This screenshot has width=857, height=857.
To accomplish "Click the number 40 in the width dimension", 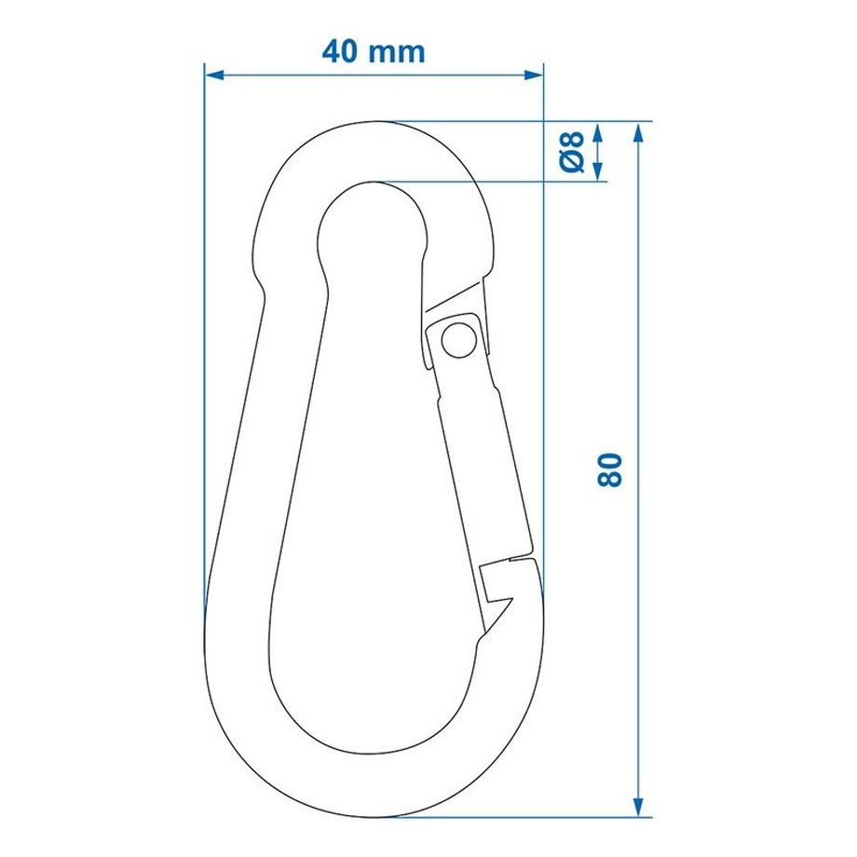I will click(x=342, y=50).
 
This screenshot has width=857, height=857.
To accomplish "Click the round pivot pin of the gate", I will click(x=456, y=338).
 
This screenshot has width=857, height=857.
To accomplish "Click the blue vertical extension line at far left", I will click(x=204, y=373).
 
